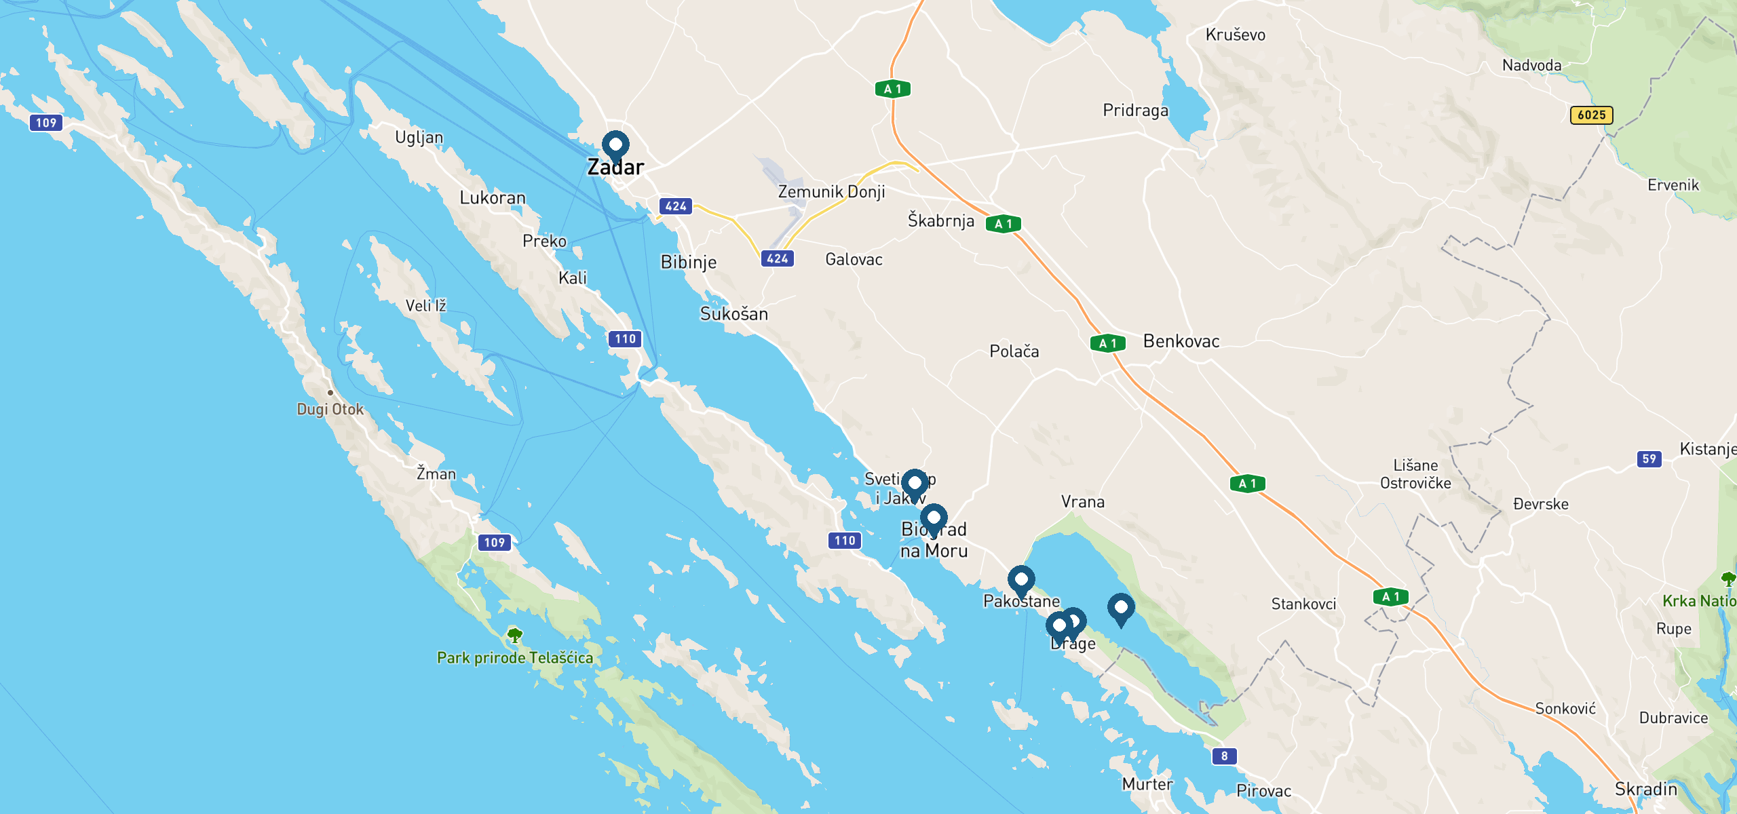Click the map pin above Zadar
[x=615, y=145]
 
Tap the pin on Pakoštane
[x=1020, y=580]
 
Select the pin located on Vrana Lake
[x=1120, y=608]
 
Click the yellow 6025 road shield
[x=1591, y=115]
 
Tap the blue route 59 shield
[x=1649, y=459]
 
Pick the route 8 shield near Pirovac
[x=1224, y=756]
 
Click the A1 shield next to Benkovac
[x=1107, y=343]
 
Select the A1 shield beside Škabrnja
[x=1003, y=224]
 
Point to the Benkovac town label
[x=1181, y=341]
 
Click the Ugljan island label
[x=419, y=137]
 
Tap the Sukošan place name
[x=734, y=314]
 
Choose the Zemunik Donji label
[x=831, y=192]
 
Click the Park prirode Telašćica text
[x=515, y=657]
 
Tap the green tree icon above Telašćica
[x=515, y=636]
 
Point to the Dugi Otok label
[x=330, y=409]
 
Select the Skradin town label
[x=1646, y=789]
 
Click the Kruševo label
[x=1236, y=35]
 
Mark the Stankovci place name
[x=1303, y=604]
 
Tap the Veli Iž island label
[x=426, y=306]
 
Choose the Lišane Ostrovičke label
[x=1415, y=474]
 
